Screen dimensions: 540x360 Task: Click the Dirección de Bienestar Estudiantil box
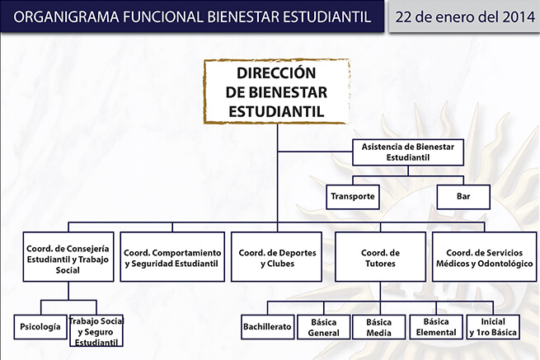click(x=277, y=91)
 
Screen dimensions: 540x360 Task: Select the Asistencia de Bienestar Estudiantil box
click(x=408, y=152)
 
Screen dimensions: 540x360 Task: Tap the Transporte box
click(x=353, y=197)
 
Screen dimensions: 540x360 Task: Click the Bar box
click(x=463, y=197)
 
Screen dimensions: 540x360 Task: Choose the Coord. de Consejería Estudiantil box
click(x=68, y=257)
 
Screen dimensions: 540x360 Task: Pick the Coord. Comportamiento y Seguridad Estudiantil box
click(x=172, y=257)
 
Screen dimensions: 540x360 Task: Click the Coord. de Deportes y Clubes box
click(x=276, y=257)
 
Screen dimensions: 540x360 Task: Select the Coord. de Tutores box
click(x=381, y=257)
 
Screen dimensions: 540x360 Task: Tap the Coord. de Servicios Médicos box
click(x=484, y=257)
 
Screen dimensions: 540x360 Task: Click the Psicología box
click(x=40, y=327)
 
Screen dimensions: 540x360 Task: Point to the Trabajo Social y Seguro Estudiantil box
click(x=96, y=330)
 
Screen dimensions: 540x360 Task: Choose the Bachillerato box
click(x=268, y=327)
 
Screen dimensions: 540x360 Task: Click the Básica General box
click(x=324, y=327)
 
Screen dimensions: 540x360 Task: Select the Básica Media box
click(x=379, y=327)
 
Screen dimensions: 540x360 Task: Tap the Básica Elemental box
click(x=436, y=327)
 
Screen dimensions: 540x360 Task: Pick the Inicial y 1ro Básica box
click(x=493, y=327)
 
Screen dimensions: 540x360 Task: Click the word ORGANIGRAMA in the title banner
click(x=66, y=16)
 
